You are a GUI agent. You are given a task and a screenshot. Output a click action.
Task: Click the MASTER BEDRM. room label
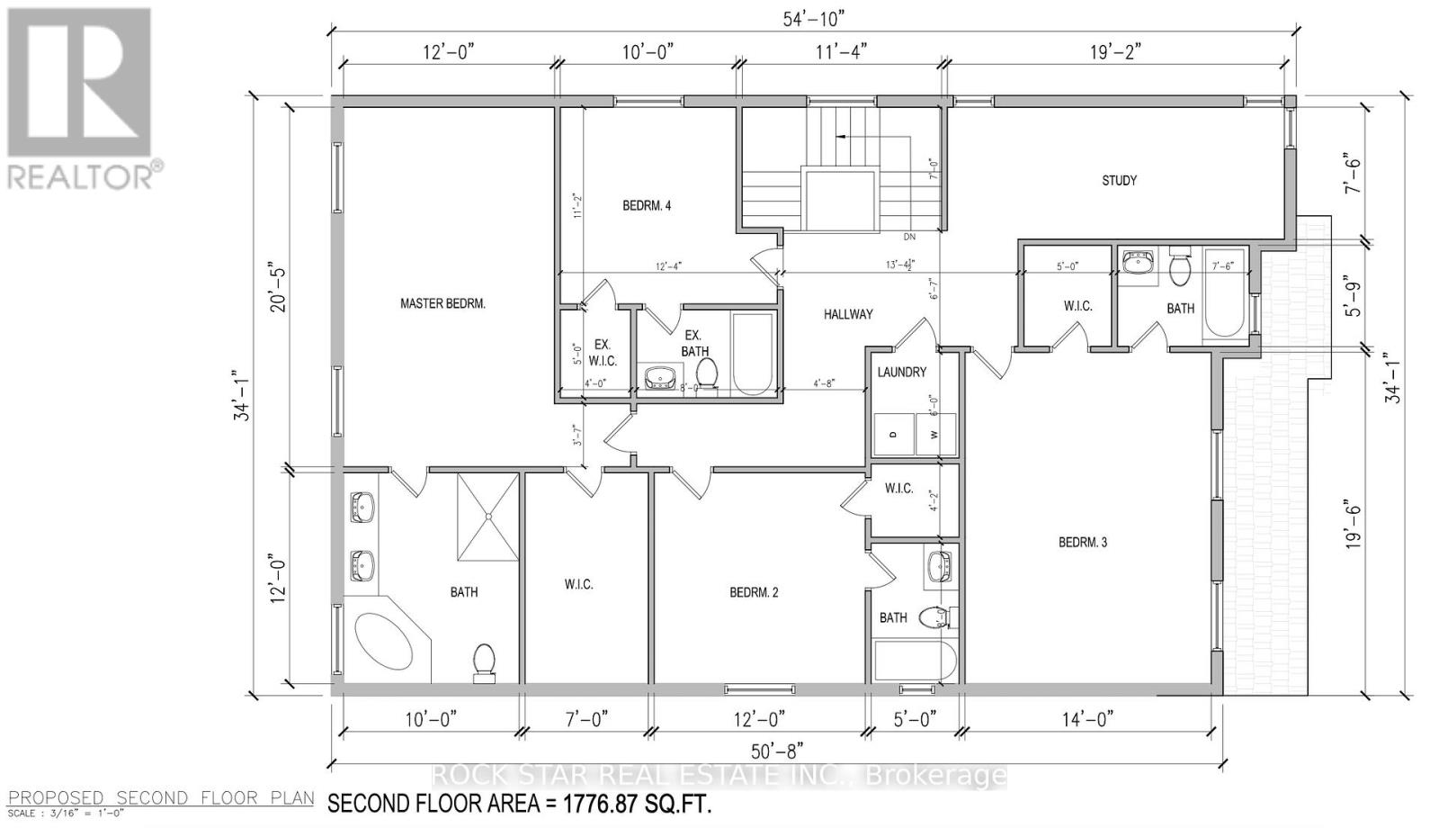[442, 303]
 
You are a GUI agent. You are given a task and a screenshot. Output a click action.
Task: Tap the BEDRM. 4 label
[647, 205]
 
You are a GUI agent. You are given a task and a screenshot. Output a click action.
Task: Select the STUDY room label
[1119, 180]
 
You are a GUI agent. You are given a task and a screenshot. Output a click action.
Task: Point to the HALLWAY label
[848, 314]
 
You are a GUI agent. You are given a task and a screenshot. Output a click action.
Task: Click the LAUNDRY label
[901, 372]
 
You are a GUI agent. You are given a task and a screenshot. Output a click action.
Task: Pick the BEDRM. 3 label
[1083, 542]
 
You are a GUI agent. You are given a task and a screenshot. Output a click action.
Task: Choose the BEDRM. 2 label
[754, 592]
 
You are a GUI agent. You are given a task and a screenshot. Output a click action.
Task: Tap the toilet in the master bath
[484, 660]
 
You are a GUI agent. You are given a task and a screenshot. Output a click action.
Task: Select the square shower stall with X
[488, 517]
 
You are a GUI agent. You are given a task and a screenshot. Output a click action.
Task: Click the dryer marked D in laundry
[893, 434]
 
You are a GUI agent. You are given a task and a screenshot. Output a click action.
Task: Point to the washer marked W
[934, 434]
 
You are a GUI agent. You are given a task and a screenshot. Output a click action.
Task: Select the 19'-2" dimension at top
[1115, 51]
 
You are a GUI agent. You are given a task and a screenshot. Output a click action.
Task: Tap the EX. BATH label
[694, 343]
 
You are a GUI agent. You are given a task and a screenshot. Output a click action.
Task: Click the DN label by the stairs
[909, 238]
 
